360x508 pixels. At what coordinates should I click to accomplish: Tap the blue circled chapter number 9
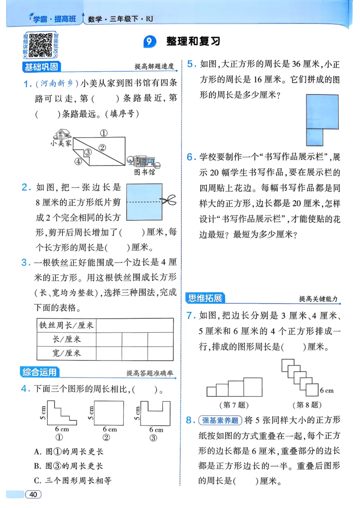[x=149, y=42]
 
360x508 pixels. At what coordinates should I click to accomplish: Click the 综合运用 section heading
[x=40, y=371]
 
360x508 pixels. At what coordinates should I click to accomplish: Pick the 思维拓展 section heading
[x=205, y=298]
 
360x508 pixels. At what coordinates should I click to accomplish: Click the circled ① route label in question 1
[x=103, y=133]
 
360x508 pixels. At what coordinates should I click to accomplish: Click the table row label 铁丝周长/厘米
[x=66, y=325]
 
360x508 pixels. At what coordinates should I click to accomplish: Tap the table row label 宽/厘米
[x=66, y=353]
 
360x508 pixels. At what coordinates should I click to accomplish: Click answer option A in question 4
[x=68, y=452]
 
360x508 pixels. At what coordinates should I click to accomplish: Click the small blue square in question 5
[x=314, y=138]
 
